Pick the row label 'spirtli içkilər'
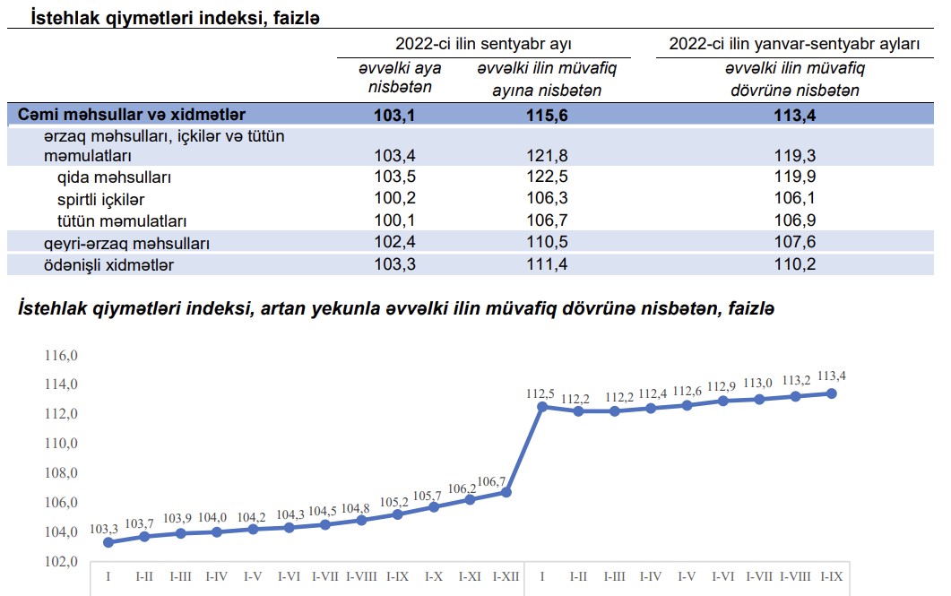[x=100, y=198]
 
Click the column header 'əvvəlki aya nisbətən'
[x=400, y=78]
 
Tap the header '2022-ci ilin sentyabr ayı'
[x=483, y=44]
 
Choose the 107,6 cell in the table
[x=795, y=243]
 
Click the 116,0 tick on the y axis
[x=63, y=356]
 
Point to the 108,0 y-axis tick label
[x=63, y=473]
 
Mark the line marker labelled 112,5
[x=541, y=406]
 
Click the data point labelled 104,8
[x=361, y=520]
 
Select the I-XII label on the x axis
[x=506, y=576]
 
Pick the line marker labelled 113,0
[x=759, y=399]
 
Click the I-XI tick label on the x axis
[x=471, y=576]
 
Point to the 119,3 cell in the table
[x=795, y=156]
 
